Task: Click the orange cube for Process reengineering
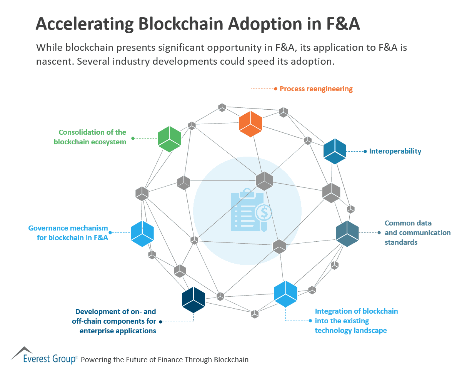[x=250, y=124]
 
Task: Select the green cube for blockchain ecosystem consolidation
[x=169, y=139]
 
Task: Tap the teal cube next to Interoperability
[x=335, y=151]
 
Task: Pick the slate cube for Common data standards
[x=347, y=234]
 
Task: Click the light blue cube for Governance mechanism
[x=142, y=233]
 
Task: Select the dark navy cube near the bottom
[x=193, y=300]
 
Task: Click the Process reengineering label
[x=316, y=89]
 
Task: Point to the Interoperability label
[x=395, y=151]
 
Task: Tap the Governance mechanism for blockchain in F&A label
[x=68, y=233]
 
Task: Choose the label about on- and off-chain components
[x=115, y=321]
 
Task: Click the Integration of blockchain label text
[x=356, y=321]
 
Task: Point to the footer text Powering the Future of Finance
[x=165, y=360]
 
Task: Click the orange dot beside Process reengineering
[x=275, y=89]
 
